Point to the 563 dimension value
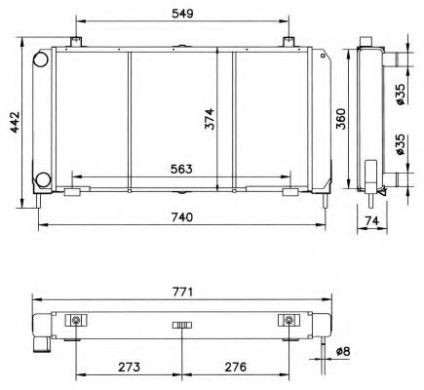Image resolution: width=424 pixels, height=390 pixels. [180, 169]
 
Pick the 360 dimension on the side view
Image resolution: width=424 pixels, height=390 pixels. [340, 117]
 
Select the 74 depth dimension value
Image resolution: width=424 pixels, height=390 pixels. [372, 222]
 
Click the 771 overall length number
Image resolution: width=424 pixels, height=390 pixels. [180, 290]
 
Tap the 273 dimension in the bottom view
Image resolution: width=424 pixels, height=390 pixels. [128, 368]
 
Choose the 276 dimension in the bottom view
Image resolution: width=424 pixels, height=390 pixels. [235, 368]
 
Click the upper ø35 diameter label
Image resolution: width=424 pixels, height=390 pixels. [402, 95]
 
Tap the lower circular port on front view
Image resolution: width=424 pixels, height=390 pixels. [43, 179]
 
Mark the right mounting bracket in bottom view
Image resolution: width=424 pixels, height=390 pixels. [289, 321]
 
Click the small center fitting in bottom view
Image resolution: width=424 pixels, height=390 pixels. [180, 325]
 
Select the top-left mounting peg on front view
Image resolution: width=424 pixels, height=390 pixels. [75, 41]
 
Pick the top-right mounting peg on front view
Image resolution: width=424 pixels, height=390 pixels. [289, 41]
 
